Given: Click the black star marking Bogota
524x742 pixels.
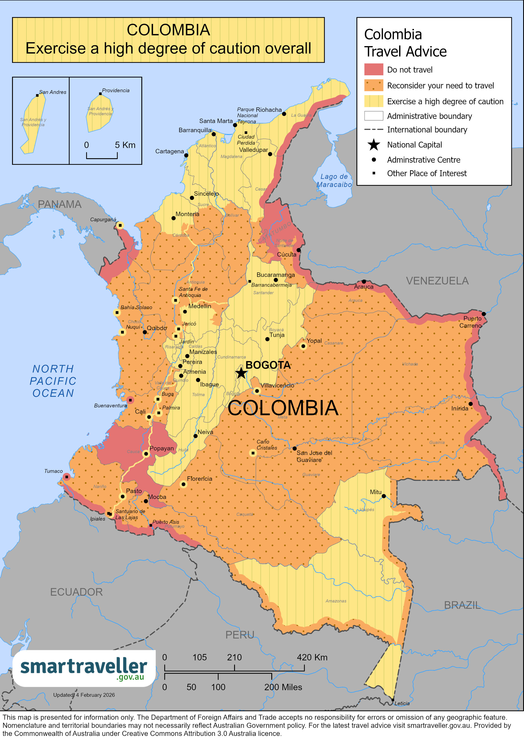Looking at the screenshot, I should click(x=241, y=373).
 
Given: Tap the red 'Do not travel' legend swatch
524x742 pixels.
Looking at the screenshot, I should click(x=374, y=69).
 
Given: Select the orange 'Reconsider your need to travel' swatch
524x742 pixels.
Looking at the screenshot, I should click(x=374, y=85).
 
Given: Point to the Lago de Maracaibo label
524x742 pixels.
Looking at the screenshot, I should click(x=334, y=181).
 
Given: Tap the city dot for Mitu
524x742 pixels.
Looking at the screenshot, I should click(x=383, y=496).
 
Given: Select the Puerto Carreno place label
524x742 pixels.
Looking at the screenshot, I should click(x=472, y=322).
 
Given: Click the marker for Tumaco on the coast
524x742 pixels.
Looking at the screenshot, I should click(x=67, y=477).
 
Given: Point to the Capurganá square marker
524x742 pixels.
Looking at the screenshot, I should click(x=120, y=225).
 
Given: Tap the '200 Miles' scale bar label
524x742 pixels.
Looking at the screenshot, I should click(x=283, y=687).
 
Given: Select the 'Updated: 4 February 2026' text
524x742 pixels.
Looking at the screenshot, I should click(x=84, y=695).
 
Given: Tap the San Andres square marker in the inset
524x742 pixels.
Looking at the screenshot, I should click(x=37, y=95).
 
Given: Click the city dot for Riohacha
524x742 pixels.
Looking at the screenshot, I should click(x=284, y=114).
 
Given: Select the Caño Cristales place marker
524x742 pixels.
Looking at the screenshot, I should click(x=253, y=453).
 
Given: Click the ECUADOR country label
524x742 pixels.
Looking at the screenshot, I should click(x=76, y=592).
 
